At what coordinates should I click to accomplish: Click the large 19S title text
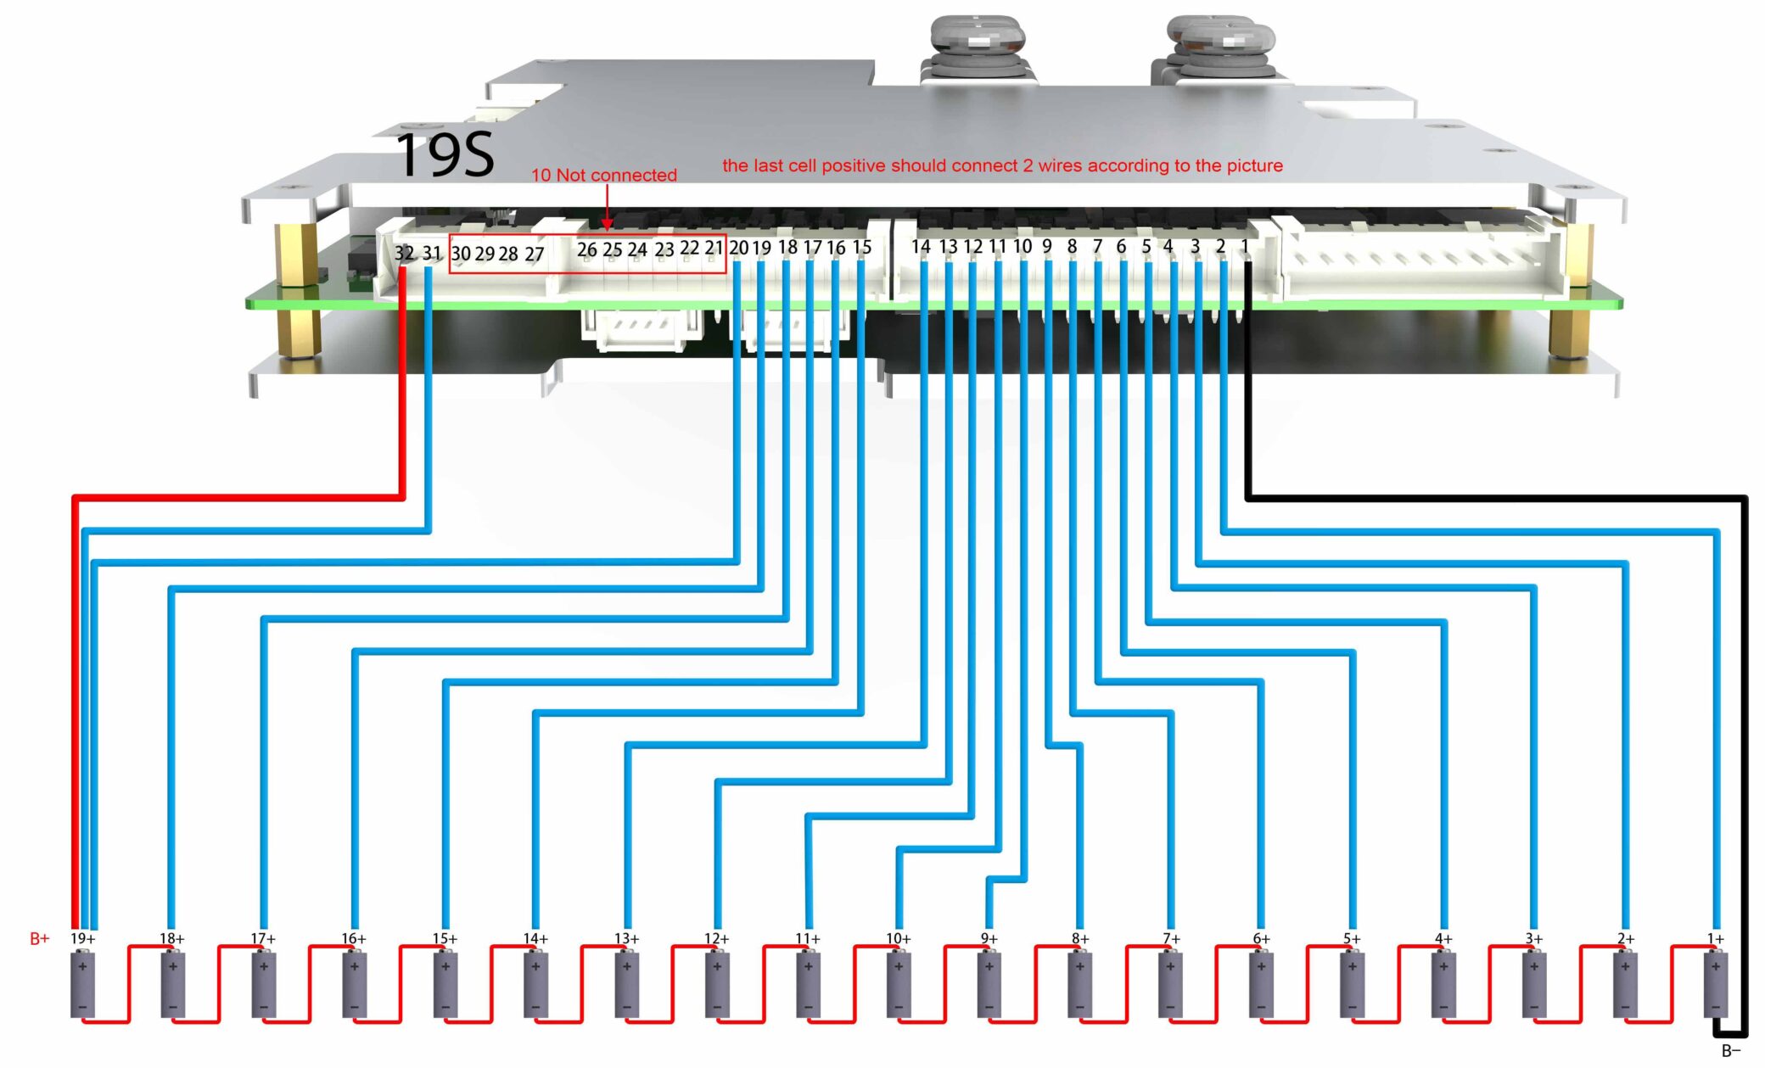click(x=445, y=155)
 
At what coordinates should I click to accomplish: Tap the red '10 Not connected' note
click(x=603, y=175)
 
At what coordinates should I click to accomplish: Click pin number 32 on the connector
click(x=404, y=253)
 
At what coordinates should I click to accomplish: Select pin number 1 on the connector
click(x=1245, y=246)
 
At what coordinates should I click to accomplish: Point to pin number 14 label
click(x=921, y=247)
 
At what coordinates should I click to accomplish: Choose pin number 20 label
click(x=738, y=248)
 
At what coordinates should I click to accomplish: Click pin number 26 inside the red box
click(x=586, y=250)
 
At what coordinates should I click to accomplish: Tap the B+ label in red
click(x=40, y=938)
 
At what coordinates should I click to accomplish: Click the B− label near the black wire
click(x=1731, y=1051)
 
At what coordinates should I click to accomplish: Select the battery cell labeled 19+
click(x=82, y=984)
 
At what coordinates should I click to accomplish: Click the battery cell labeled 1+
click(x=1715, y=984)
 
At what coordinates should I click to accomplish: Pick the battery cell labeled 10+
click(x=898, y=984)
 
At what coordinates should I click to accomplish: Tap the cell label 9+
click(x=989, y=938)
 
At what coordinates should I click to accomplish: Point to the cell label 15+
click(x=445, y=938)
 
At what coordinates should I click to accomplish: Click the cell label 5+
click(x=1352, y=938)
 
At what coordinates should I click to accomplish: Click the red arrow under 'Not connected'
click(x=607, y=208)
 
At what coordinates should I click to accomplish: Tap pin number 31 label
click(x=432, y=253)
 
